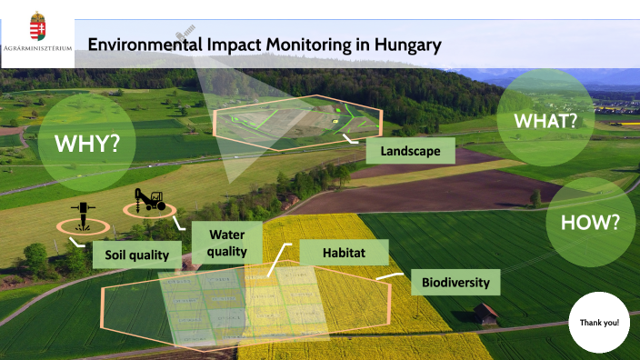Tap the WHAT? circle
point(545,119)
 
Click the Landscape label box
point(411,151)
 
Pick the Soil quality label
point(136,255)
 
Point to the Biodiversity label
point(455,282)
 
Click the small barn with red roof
point(485,314)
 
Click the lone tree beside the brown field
point(535,196)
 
